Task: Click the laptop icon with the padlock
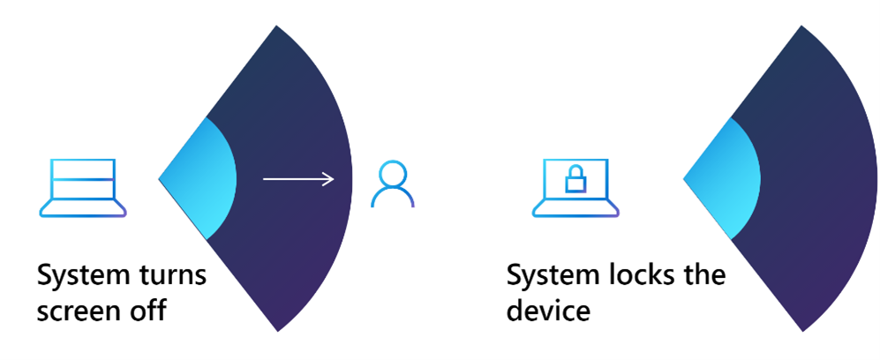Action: [x=575, y=187]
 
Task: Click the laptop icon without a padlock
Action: [x=83, y=187]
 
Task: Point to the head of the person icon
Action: [x=392, y=173]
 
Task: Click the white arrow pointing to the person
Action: [x=298, y=180]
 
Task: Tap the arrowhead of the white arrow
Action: [x=329, y=180]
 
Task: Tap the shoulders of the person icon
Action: [x=392, y=199]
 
